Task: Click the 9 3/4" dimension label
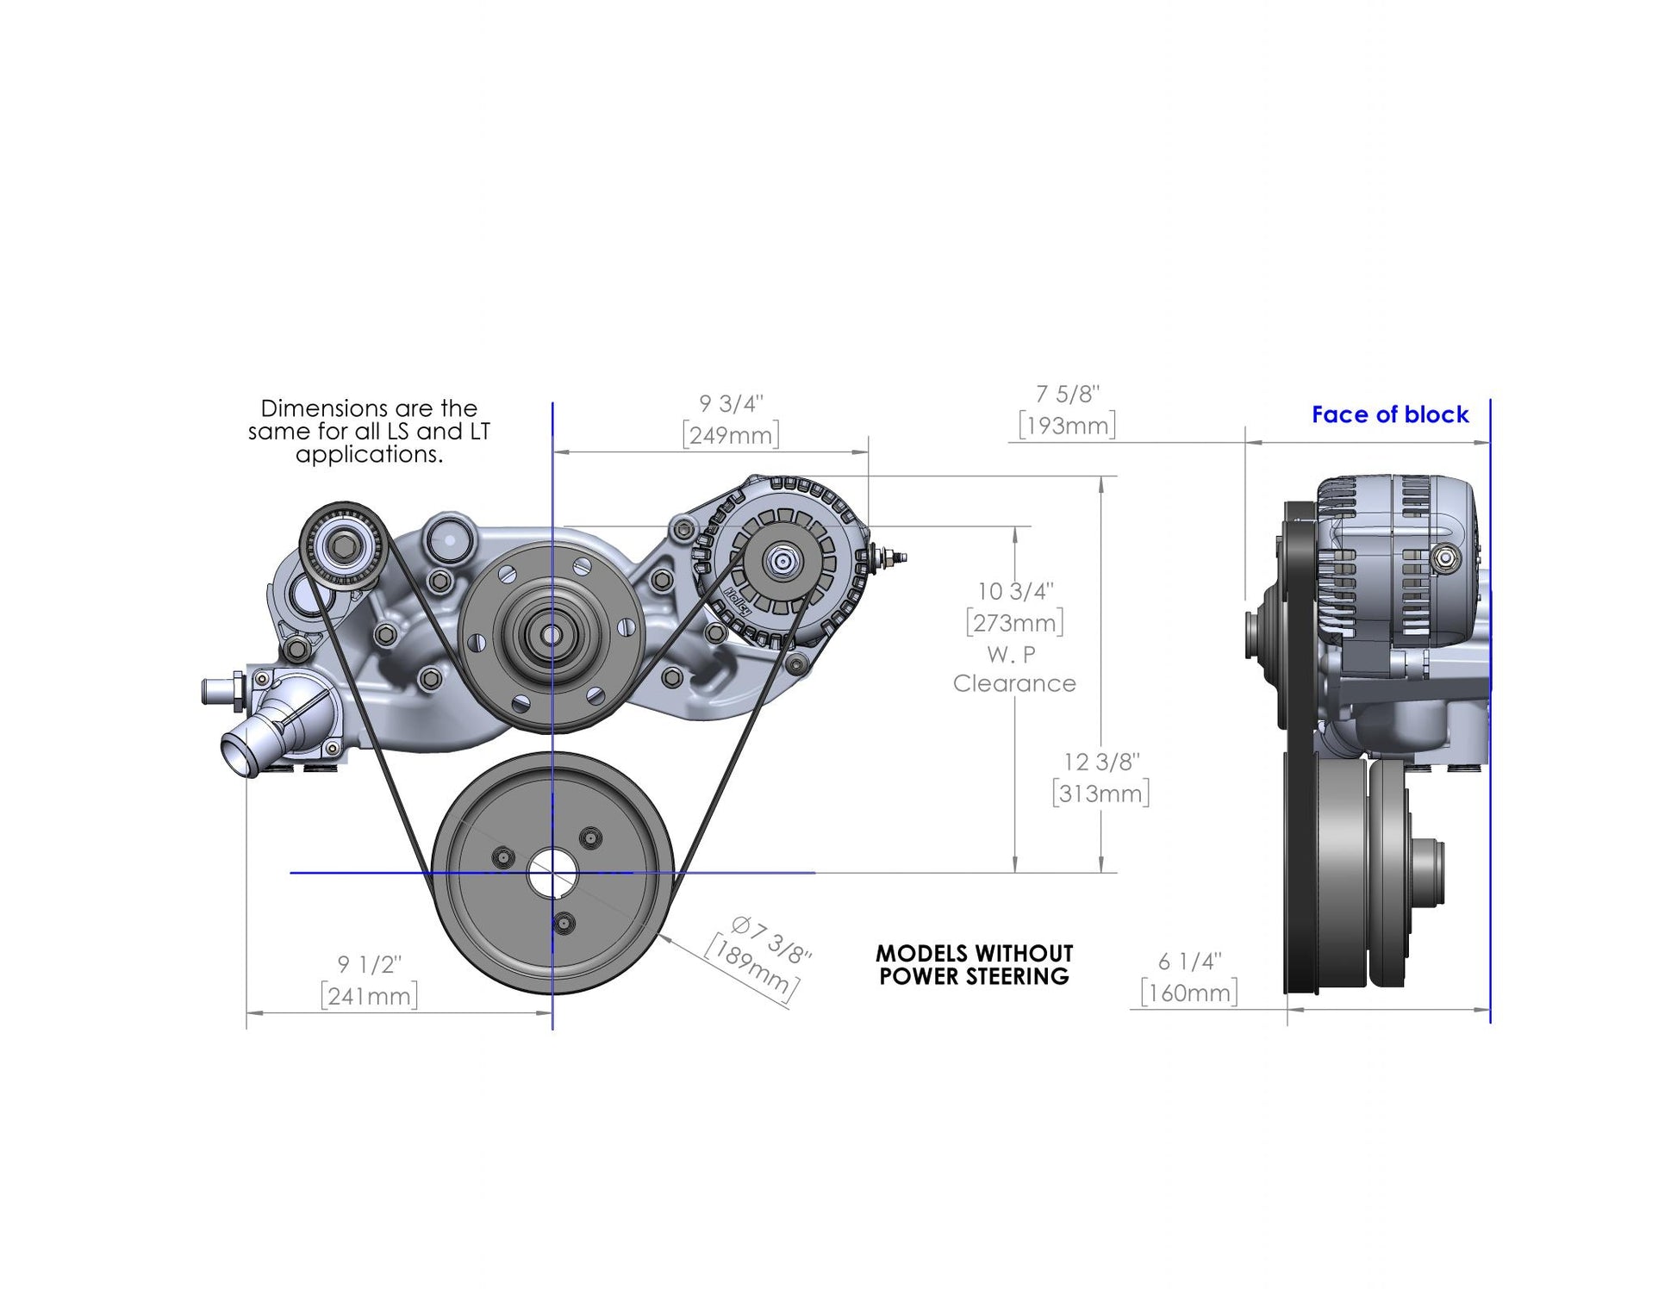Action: pos(730,404)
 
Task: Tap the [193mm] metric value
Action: pos(1067,426)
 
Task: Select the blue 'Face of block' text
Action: pos(1389,414)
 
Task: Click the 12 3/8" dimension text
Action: pos(1100,763)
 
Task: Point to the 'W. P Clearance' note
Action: pos(1013,669)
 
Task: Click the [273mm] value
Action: pos(1014,623)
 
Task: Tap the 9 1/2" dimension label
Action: pos(369,964)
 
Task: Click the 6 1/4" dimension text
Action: pos(1189,962)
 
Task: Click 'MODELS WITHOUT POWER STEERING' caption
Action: pos(974,965)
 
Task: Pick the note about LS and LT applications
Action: pos(369,431)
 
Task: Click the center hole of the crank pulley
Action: pos(552,873)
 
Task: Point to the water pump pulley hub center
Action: pos(551,636)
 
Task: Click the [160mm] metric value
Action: pos(1189,993)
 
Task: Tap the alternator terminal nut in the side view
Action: pos(1445,559)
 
